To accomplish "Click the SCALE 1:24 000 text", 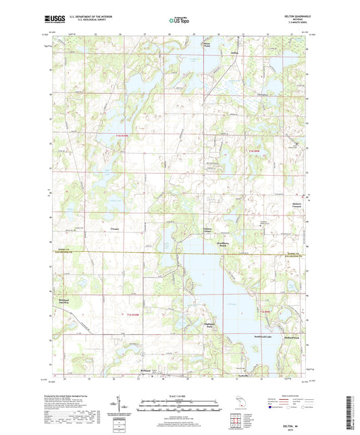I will click(180, 396).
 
